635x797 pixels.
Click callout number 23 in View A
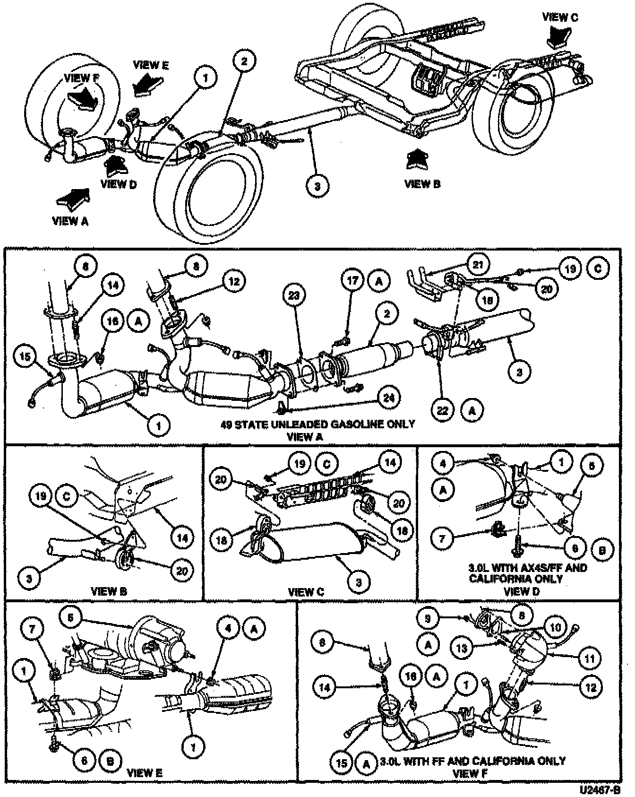point(294,296)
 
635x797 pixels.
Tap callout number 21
point(479,264)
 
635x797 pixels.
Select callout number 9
point(428,618)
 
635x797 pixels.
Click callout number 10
point(555,627)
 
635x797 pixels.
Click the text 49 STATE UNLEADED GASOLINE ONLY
point(317,424)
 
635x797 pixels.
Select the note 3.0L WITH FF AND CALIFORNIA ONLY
point(472,762)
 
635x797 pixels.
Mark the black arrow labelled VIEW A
point(71,198)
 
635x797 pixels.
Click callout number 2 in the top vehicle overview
point(244,61)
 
